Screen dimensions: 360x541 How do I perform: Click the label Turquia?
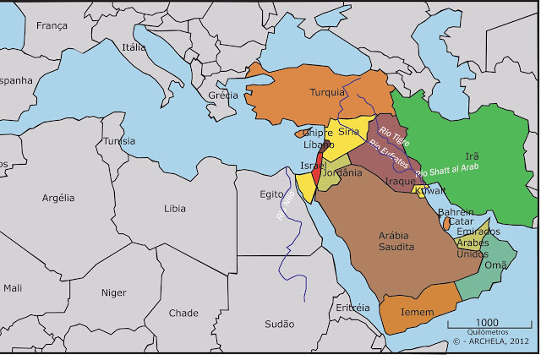pos(327,92)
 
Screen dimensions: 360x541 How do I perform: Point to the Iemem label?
pos(418,312)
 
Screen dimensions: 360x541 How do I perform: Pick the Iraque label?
pos(401,181)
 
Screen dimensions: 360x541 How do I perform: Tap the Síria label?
pos(348,132)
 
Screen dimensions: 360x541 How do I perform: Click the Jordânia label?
pos(342,173)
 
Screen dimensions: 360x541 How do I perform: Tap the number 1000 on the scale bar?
pos(487,323)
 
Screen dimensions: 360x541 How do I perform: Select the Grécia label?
pos(223,95)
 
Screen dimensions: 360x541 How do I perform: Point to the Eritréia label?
pos(352,308)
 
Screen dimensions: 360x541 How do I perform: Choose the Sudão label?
pos(280,324)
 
